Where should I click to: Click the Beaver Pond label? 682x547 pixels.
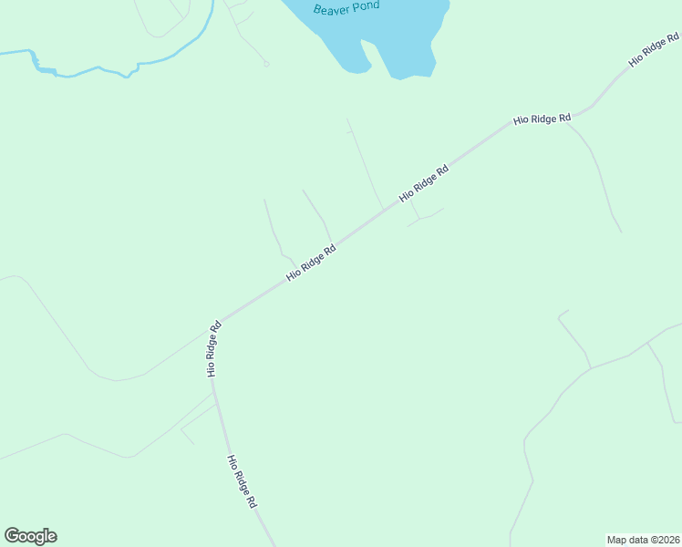click(346, 8)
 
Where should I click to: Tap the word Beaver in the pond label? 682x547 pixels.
click(330, 9)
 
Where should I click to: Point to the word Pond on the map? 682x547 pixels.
click(365, 6)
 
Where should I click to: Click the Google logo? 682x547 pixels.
click(30, 536)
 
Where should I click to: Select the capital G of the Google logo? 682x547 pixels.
click(12, 536)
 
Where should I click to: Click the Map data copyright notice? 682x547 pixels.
click(643, 540)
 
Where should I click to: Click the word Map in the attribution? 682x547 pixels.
click(617, 540)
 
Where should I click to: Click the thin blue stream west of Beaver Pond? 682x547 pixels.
click(91, 70)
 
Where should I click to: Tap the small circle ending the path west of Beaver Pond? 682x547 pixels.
click(266, 64)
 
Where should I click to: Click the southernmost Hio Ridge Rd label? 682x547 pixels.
click(243, 481)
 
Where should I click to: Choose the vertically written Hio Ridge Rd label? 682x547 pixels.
click(212, 349)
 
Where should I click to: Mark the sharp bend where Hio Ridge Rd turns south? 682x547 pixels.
click(220, 324)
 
